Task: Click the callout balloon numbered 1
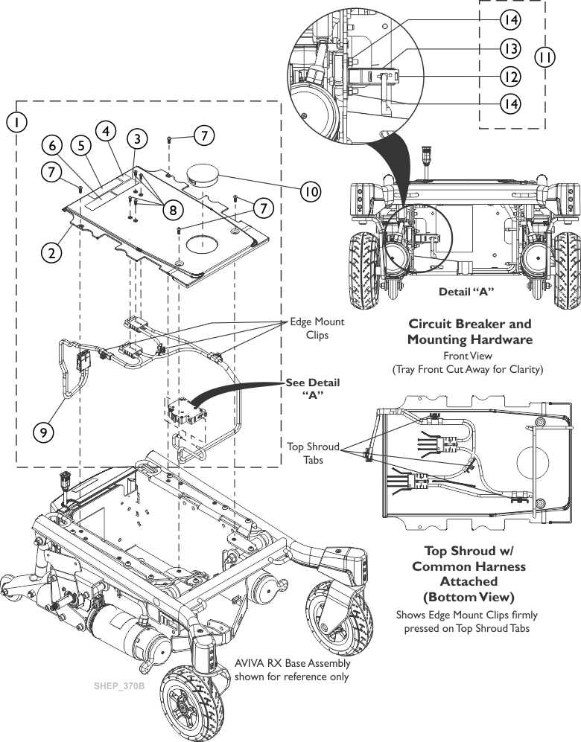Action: pyautogui.click(x=16, y=120)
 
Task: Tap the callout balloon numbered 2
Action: pyautogui.click(x=51, y=252)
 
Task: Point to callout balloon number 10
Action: pyautogui.click(x=311, y=191)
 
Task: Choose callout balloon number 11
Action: pyautogui.click(x=546, y=56)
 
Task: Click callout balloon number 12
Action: pyautogui.click(x=510, y=75)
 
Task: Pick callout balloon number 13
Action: pyautogui.click(x=510, y=47)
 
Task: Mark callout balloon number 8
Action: pyautogui.click(x=172, y=210)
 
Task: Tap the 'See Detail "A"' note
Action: pyautogui.click(x=312, y=388)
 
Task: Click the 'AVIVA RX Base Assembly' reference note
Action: pyautogui.click(x=292, y=669)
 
